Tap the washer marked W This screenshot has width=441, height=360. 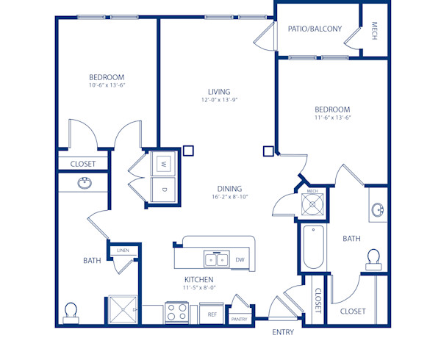[162, 163]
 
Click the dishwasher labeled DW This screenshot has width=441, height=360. [240, 259]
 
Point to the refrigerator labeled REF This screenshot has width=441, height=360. [212, 314]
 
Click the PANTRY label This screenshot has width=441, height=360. [240, 319]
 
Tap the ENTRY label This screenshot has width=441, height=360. [283, 332]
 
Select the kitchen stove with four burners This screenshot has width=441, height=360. [176, 314]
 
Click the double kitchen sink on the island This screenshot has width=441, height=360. [217, 259]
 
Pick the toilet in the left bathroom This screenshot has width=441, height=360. [71, 312]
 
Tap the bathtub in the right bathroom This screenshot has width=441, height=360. [312, 246]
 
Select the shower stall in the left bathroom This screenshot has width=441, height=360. [123, 309]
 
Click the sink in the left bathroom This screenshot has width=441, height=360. [85, 183]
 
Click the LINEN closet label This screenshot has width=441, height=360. [122, 251]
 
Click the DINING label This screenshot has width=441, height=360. [229, 188]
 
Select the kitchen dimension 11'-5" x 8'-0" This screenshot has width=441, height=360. [198, 288]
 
